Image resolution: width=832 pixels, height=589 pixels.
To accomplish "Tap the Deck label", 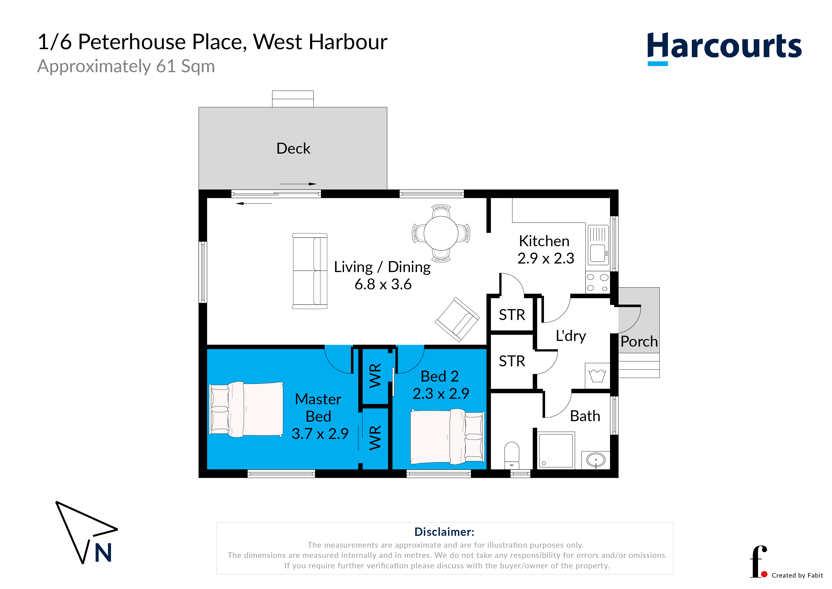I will pos(293,148).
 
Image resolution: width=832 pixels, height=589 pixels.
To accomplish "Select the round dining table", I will pos(441,233).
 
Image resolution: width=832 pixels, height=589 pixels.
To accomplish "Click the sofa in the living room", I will pos(310,271).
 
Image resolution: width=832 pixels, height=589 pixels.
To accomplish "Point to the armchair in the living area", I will pos(457,319).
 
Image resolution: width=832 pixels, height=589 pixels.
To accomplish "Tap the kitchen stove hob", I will pos(597,283).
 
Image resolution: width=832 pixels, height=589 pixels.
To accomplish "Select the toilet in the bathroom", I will pos(512,456).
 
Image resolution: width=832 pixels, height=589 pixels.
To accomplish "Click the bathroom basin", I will pos(595,460).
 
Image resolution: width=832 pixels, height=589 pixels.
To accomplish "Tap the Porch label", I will pos(639,341).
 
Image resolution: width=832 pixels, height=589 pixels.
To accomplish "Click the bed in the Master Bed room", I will pos(246,409).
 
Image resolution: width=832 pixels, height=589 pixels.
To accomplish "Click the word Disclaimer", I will pos(444,532).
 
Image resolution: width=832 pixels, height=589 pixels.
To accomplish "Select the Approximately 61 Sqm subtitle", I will pos(126,66).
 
